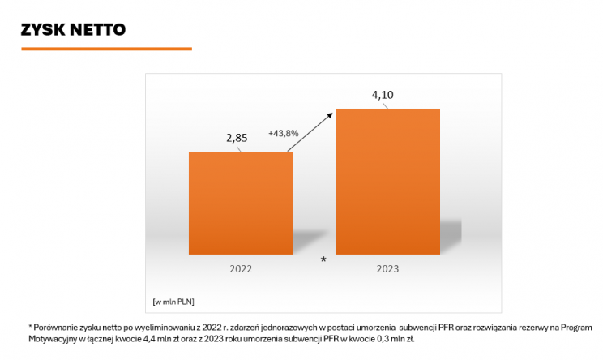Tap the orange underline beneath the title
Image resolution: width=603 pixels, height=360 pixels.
click(106, 49)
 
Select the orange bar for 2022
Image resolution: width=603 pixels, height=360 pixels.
click(241, 203)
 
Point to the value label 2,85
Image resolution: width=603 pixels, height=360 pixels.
click(237, 138)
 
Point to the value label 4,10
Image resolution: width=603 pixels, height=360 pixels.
click(383, 95)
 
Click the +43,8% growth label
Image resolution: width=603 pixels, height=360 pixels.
click(284, 133)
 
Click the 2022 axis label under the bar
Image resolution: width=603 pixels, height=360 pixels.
click(241, 268)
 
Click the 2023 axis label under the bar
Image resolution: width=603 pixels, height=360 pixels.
click(387, 268)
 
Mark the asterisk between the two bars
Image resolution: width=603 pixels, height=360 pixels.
click(323, 259)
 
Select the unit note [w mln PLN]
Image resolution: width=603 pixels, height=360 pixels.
click(173, 302)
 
